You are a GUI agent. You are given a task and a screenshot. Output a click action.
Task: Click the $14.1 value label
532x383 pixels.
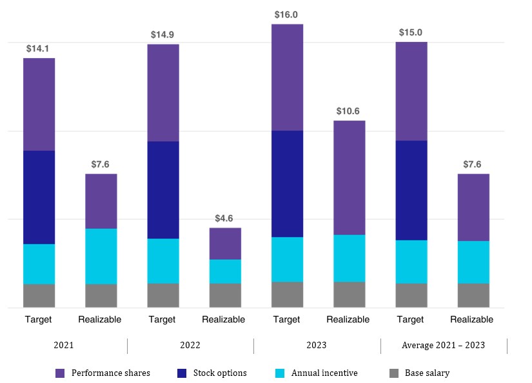pos(39,48)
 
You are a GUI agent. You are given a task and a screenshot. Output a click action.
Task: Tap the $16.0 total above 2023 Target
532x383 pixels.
pos(287,14)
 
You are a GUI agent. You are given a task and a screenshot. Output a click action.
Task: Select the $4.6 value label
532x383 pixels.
pos(225,218)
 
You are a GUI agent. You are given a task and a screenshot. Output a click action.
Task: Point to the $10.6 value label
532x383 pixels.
pos(349,111)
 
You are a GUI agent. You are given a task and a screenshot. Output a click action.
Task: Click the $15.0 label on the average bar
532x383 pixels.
pos(411,32)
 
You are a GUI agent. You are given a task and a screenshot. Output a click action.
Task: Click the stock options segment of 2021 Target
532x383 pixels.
pos(39,197)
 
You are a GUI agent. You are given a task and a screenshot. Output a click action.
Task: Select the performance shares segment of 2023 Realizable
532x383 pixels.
pos(349,177)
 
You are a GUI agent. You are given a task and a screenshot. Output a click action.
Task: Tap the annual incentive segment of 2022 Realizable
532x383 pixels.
pos(225,271)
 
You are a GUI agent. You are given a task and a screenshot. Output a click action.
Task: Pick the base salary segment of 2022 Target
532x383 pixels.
pos(163,295)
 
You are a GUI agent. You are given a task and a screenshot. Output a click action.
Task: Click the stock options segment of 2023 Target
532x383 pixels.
pos(287,184)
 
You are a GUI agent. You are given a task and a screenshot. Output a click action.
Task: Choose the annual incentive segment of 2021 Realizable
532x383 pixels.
pos(101,256)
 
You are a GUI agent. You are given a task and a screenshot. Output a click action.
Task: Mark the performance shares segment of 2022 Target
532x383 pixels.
pos(163,93)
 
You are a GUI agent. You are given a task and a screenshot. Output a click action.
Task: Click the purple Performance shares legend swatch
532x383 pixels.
pos(61,373)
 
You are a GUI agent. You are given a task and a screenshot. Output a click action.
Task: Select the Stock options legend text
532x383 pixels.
pos(220,373)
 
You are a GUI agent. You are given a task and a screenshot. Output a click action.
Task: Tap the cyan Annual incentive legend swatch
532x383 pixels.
pos(281,373)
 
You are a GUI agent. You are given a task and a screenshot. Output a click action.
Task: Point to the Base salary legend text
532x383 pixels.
pos(427,373)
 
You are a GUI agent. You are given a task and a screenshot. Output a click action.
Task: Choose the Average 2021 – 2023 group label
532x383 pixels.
pos(443,345)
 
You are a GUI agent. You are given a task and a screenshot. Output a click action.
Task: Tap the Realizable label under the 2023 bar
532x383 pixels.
pos(348,319)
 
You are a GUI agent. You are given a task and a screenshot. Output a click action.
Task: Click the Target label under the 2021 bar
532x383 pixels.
pos(39,319)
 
